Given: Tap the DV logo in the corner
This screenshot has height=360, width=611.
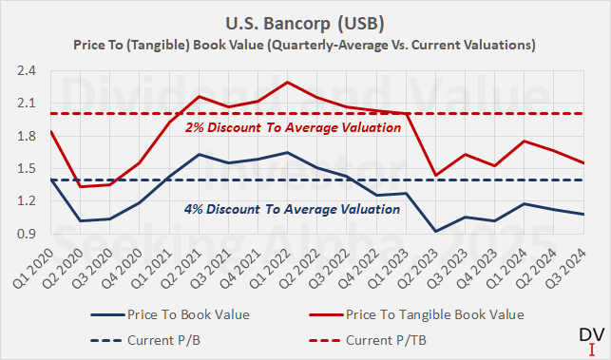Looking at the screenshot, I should pos(590,340).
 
